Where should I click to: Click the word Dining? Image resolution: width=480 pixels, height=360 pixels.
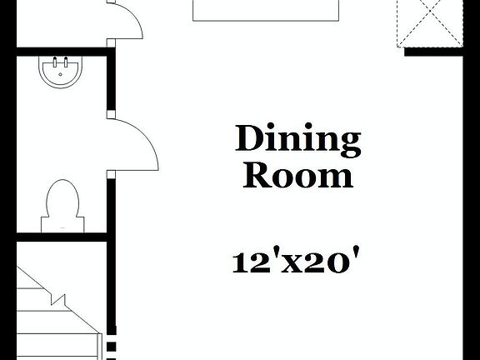(x=298, y=141)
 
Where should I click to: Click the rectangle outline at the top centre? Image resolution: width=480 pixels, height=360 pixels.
(x=267, y=10)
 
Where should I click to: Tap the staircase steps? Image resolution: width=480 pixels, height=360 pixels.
(x=50, y=317)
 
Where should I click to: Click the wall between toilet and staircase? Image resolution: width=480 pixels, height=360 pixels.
(x=62, y=239)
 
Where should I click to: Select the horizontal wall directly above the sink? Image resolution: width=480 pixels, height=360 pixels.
(x=62, y=51)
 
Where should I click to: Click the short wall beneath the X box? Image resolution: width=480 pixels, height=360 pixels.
(x=432, y=52)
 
